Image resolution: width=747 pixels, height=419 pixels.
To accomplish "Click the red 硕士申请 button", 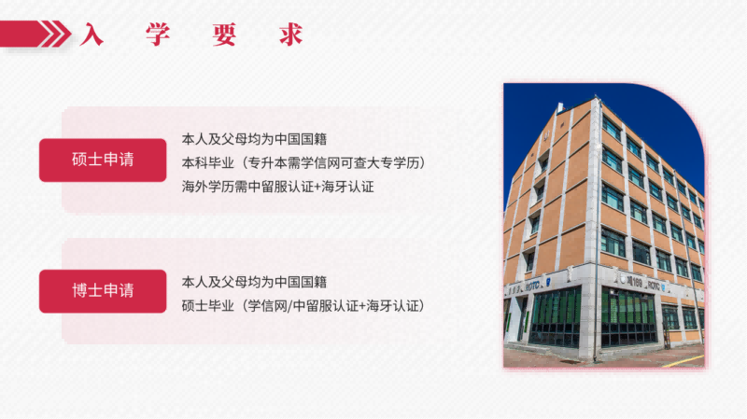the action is [103, 160].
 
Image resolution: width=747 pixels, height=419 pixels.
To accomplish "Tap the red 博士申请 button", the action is [103, 291].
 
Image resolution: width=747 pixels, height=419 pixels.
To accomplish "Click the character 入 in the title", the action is [92, 35].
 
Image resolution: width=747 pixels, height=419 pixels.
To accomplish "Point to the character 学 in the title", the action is [158, 35].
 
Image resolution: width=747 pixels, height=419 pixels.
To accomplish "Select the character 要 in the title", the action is [224, 35].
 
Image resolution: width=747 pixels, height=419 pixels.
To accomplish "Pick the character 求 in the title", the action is [291, 35].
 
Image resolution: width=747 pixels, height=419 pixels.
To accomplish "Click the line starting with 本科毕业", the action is [303, 162].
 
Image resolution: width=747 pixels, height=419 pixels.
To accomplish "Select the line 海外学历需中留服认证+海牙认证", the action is [277, 187].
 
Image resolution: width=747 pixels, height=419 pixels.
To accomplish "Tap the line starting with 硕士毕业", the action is [303, 306].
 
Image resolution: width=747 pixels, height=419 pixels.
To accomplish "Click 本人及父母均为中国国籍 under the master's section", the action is [254, 139].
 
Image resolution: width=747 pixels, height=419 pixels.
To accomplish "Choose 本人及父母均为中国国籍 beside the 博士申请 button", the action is [254, 282].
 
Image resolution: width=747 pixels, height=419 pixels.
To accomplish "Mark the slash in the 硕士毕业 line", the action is [289, 306].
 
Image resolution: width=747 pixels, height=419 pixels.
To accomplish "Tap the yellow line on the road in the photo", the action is [684, 361].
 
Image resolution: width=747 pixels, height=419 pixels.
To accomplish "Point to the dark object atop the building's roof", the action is [561, 107].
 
